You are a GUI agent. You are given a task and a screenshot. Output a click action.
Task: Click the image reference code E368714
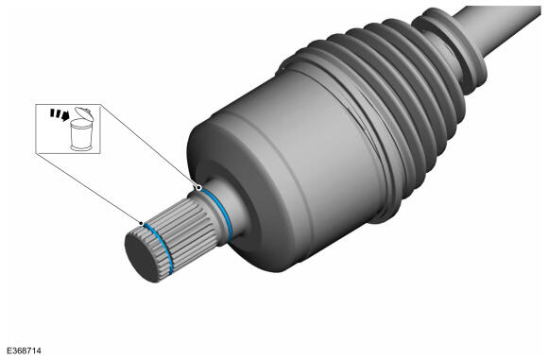click(x=24, y=351)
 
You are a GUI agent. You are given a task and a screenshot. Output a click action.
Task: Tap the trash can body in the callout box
click(x=81, y=133)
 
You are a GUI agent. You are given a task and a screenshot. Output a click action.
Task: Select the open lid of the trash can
click(x=84, y=112)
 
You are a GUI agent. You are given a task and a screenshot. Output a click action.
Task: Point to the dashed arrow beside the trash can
click(x=60, y=114)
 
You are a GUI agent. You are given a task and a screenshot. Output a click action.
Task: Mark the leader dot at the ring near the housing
click(x=198, y=188)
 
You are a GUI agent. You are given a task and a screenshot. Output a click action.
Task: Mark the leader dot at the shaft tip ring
click(x=141, y=223)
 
